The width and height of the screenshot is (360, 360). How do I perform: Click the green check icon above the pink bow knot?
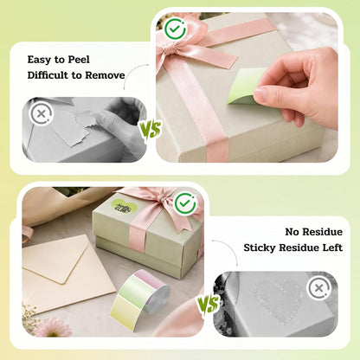[175, 29]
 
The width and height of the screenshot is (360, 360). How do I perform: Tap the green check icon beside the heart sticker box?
[185, 203]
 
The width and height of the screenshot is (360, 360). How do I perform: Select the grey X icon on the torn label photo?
[42, 114]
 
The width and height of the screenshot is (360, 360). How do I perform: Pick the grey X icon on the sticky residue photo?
[319, 288]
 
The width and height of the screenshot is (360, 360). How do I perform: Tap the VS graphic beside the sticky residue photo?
[208, 304]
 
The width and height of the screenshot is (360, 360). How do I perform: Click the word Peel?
[79, 60]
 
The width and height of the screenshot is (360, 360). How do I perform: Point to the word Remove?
[105, 75]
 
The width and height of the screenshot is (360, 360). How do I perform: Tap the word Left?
[332, 247]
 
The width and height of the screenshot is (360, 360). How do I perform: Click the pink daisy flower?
[54, 327]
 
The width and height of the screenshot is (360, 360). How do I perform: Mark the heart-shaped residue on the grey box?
[280, 300]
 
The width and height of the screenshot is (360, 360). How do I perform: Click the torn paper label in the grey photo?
[74, 127]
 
